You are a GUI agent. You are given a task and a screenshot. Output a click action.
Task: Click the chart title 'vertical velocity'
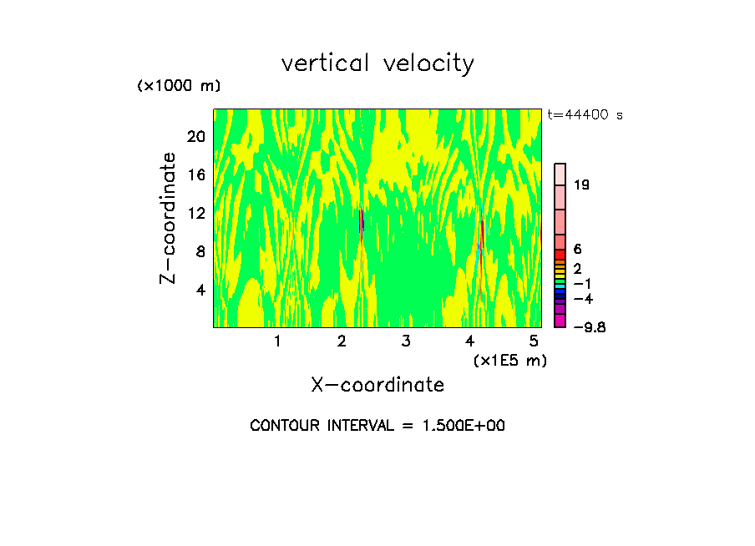point(377,63)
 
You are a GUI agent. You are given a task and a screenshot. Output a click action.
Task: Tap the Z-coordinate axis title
point(169,218)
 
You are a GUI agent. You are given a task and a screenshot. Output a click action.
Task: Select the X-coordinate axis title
point(377,385)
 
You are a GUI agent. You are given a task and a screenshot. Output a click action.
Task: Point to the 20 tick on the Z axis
point(195,137)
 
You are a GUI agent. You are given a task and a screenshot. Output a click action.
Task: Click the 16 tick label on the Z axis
point(195,175)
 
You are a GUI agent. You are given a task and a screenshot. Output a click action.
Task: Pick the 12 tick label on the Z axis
point(195,214)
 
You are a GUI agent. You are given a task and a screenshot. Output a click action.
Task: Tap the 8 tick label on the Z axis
point(199,252)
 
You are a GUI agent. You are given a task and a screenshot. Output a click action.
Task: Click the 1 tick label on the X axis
point(277,341)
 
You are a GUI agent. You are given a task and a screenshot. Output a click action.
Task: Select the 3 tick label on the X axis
point(406,341)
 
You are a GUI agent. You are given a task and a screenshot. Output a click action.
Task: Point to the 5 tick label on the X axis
point(535,341)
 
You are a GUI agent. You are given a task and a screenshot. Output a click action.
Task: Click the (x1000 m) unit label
point(179,86)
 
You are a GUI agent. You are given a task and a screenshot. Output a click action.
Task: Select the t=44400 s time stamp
point(585,115)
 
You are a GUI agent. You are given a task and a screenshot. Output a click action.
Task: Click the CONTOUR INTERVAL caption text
point(377,426)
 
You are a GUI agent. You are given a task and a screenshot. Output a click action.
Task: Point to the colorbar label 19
point(581,185)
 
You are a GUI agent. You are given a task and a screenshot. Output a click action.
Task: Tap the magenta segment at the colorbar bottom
point(560,321)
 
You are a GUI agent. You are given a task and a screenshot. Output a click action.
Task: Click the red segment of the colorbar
point(560,255)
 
